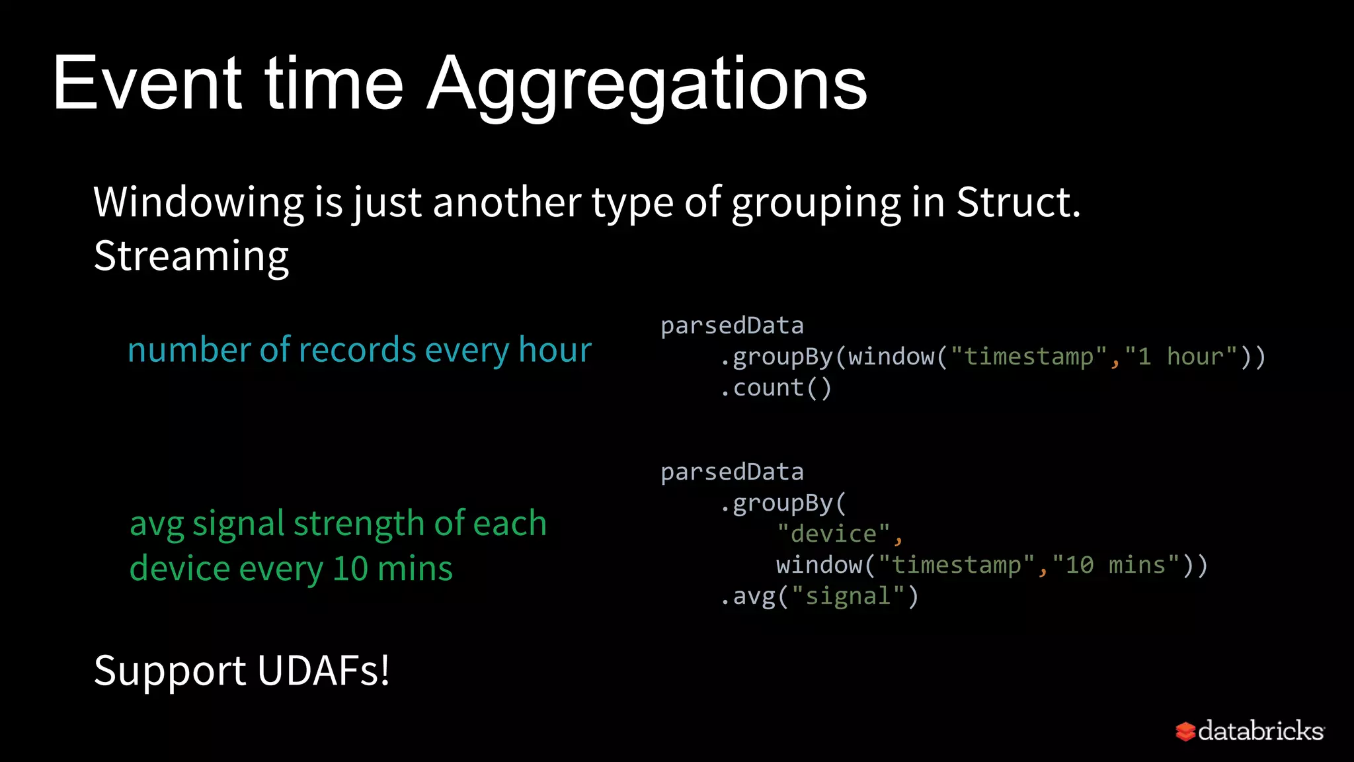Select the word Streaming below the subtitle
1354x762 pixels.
tap(191, 256)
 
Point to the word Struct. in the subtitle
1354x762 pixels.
tap(1018, 202)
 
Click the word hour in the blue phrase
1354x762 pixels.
tap(555, 349)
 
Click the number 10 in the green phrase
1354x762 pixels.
tap(350, 569)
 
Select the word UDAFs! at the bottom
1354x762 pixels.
tap(323, 671)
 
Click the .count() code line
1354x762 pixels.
tap(776, 388)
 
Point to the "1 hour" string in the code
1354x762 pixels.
tap(1181, 357)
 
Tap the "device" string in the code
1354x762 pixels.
tap(833, 534)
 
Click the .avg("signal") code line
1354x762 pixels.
tap(819, 596)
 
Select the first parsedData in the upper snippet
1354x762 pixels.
tap(732, 325)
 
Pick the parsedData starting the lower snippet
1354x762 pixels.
tap(732, 472)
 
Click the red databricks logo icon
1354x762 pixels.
tap(1185, 732)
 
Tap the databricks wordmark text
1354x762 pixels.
tap(1260, 731)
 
